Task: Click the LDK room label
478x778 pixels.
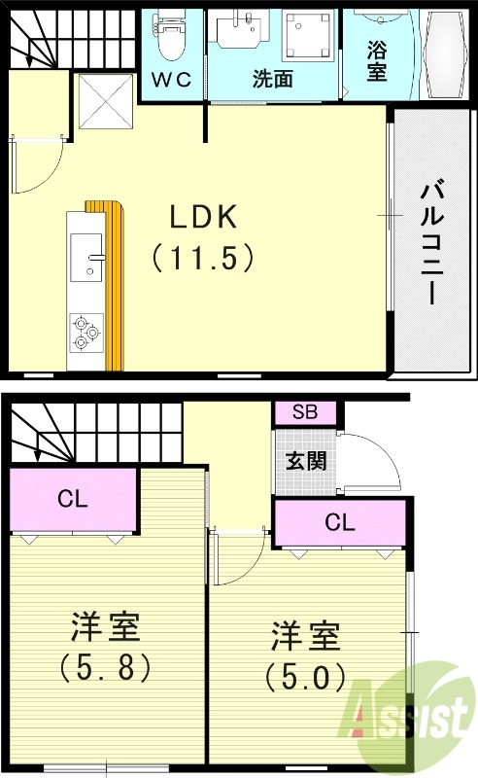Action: click(204, 217)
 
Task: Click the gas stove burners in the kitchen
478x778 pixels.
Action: click(85, 334)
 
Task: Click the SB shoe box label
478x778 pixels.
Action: click(305, 412)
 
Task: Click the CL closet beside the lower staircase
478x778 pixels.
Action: click(73, 500)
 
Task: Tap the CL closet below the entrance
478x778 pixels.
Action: click(339, 522)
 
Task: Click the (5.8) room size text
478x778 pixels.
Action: click(107, 668)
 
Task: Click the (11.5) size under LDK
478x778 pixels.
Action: click(204, 258)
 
